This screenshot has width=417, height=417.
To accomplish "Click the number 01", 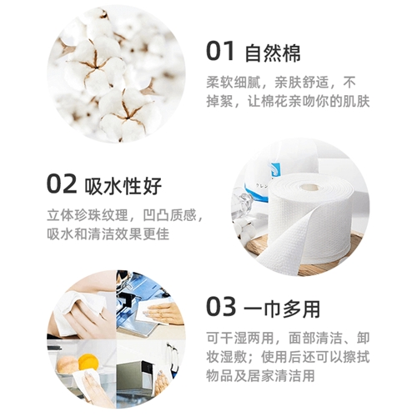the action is coord(220,51).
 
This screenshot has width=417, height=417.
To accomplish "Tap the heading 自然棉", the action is coord(273,53).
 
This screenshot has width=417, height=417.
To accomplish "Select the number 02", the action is coord(62,183).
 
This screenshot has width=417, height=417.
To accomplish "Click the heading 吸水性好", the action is coord(123,186).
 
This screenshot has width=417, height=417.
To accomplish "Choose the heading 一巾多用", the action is coord(282,309).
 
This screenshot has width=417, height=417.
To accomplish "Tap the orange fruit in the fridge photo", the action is coord(88,362).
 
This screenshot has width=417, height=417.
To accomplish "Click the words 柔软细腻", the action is coord(234,83).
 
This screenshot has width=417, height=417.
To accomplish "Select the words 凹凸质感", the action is coord(169,215).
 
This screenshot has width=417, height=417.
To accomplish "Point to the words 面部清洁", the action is coord(315,338).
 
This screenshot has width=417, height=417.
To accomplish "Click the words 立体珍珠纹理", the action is coord(88,215).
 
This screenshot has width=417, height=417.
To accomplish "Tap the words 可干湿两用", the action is coord(240,338).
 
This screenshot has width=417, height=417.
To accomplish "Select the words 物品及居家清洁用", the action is coord(260,375).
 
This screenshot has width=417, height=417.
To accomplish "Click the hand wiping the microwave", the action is coord(162,382).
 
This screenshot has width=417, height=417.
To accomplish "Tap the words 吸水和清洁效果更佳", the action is coord(108,234).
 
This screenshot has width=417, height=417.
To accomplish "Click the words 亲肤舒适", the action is coord(302,83).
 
